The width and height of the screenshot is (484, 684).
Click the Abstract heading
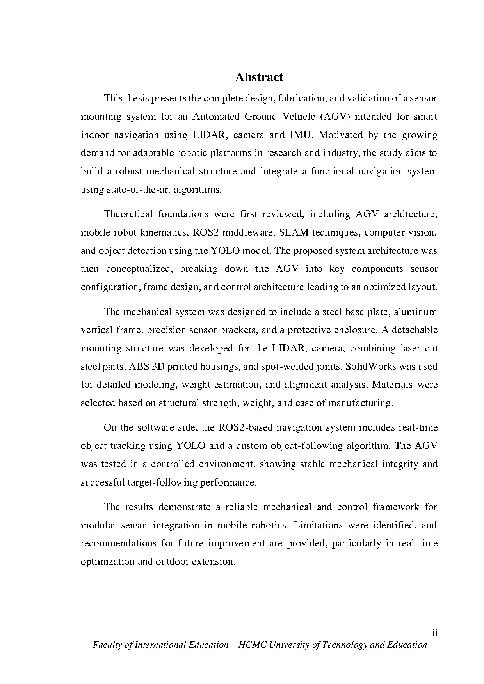[259, 77]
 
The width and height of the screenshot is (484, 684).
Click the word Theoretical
[128, 214]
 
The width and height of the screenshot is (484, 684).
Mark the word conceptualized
[139, 269]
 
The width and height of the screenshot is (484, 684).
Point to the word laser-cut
[419, 348]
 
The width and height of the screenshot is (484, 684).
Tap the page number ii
[435, 633]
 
